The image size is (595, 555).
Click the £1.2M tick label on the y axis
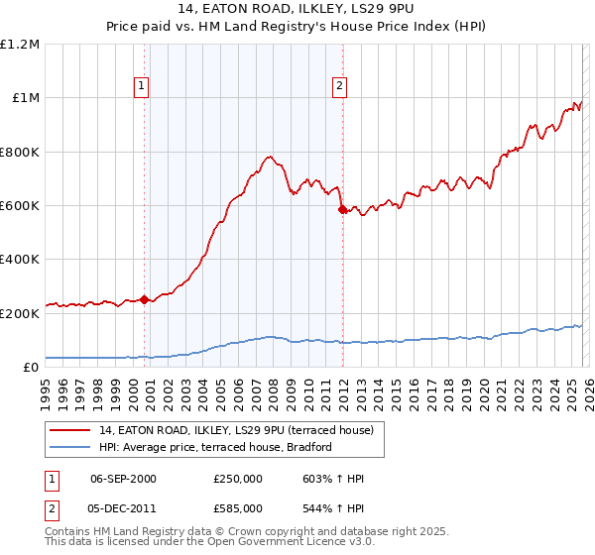(20, 45)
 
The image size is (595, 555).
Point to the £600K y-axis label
(20, 206)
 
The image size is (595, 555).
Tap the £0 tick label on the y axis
(31, 368)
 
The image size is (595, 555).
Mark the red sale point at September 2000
(145, 299)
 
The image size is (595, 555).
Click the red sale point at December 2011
(341, 209)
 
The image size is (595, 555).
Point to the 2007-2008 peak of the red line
(269, 156)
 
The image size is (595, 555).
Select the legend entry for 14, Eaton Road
(235, 430)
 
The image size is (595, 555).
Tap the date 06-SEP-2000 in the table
(123, 479)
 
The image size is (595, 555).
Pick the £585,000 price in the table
(237, 507)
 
